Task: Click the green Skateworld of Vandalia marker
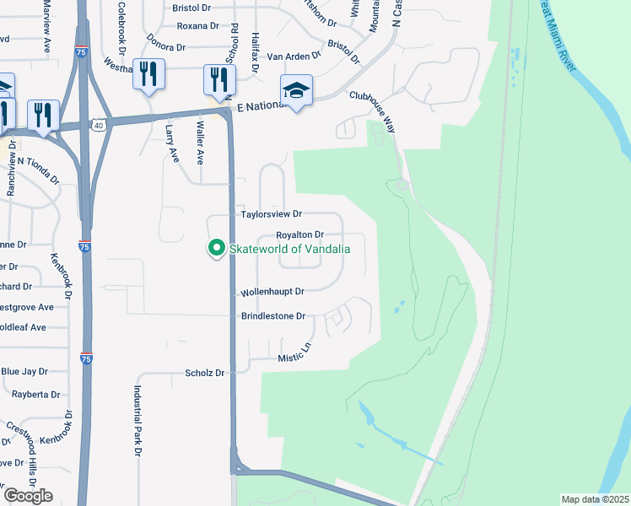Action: [216, 248]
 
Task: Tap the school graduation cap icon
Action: [297, 89]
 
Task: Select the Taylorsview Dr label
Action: [272, 215]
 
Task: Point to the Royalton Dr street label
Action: [299, 234]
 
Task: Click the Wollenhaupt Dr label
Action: [272, 291]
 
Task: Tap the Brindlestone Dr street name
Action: [272, 316]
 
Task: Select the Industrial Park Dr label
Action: [136, 421]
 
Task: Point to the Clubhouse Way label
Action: [372, 110]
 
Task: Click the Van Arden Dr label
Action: [294, 57]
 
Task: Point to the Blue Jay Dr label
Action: [23, 371]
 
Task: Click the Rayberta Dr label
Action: [35, 394]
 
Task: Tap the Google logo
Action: [27, 496]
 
